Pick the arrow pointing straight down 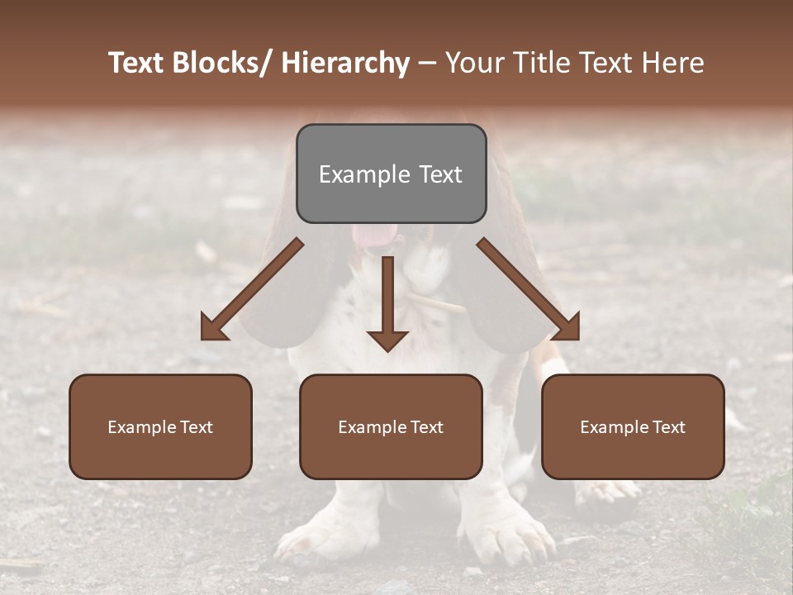coord(387,306)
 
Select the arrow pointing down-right coord(529,289)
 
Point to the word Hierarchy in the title coord(345,63)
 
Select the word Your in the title coord(476,63)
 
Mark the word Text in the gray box coord(439,174)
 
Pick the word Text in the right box coord(668,427)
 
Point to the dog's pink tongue coord(373,235)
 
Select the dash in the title coord(427,63)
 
